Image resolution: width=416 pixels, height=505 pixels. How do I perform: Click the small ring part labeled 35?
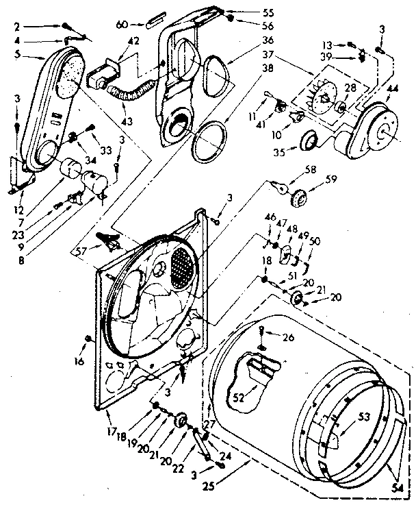(308, 141)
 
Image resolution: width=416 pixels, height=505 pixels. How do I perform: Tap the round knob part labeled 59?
(298, 198)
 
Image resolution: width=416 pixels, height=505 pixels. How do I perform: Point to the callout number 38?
(248, 69)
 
